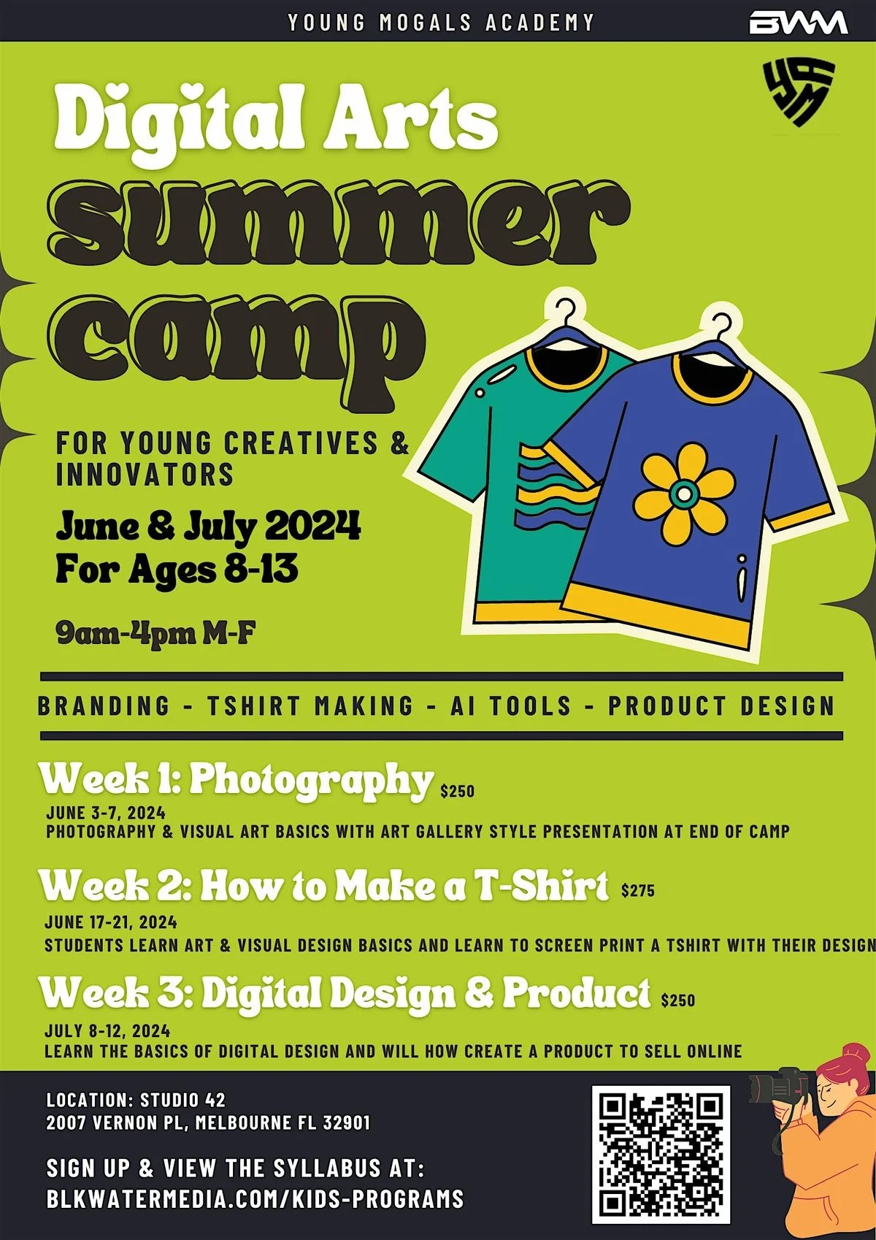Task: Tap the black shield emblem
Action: coord(799,92)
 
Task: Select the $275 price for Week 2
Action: coord(637,890)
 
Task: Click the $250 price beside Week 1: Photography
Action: coord(458,790)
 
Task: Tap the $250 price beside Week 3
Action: coord(678,1000)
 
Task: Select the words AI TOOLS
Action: coord(510,705)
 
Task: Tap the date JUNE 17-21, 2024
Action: coord(111,922)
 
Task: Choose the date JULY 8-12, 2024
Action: coord(107,1030)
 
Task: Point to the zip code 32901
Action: coord(347,1122)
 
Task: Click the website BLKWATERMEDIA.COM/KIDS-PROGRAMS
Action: coord(255,1198)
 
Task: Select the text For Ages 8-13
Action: coord(177,569)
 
